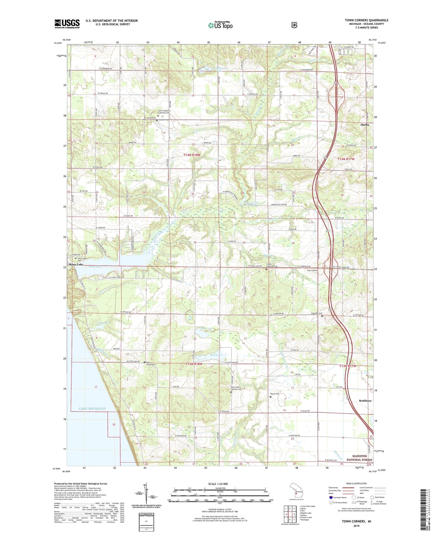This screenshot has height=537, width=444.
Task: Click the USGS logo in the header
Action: [x=67, y=24]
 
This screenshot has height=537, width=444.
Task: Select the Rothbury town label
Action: [x=365, y=401]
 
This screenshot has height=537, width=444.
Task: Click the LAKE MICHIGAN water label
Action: [x=92, y=409]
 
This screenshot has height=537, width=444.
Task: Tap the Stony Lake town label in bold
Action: [x=76, y=265]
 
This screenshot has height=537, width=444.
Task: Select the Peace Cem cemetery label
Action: [x=275, y=394]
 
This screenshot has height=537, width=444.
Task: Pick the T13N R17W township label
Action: [x=348, y=366]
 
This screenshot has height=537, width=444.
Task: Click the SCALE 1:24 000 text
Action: [x=218, y=484]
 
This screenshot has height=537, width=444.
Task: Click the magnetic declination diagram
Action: [x=147, y=497]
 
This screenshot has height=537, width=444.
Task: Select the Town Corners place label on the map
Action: [x=312, y=271]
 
